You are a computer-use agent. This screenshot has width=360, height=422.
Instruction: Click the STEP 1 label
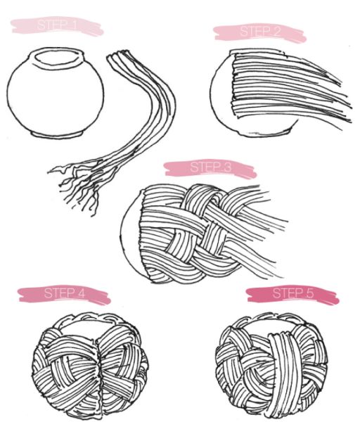[x=57, y=25]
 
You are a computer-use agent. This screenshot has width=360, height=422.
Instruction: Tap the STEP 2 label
[x=260, y=32]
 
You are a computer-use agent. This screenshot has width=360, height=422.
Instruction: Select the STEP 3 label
[x=210, y=167]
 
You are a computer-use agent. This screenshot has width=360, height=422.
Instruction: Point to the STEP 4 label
[x=64, y=293]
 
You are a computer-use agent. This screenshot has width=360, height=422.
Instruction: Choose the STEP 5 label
[x=293, y=293]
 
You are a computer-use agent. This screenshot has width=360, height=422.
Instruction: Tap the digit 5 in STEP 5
[x=310, y=293]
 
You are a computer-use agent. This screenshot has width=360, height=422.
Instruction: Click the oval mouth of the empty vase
[x=58, y=57]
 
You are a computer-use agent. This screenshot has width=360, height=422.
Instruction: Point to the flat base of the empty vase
[x=57, y=134]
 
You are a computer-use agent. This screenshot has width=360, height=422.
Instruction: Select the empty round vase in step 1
[x=56, y=93]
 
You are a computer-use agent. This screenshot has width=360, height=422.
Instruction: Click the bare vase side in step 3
[x=129, y=237]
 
